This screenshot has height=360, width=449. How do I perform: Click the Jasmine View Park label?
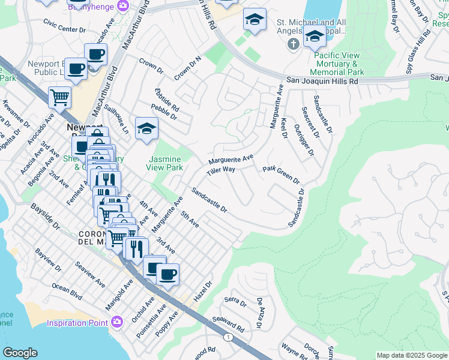tap(164, 163)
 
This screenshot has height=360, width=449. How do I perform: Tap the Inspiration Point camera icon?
tap(118, 322)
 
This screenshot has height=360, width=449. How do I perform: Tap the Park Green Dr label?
tap(281, 175)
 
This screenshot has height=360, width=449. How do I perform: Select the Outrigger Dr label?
tap(305, 139)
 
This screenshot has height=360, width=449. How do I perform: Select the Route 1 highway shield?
tap(228, 338)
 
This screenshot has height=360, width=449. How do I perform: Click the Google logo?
tap(20, 353)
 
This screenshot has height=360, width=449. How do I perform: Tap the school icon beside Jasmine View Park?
tap(146, 128)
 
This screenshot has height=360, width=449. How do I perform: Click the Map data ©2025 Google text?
tap(411, 355)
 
